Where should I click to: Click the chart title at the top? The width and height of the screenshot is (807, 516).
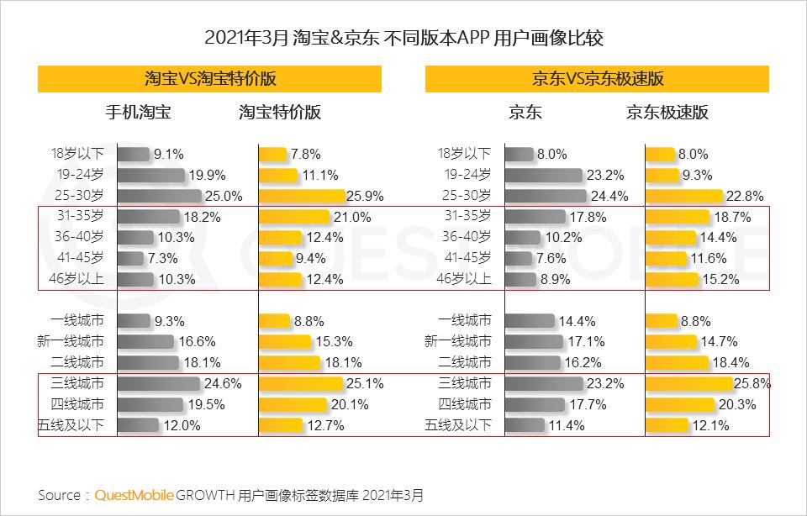point(403,38)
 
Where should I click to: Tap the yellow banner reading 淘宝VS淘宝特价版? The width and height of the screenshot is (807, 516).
point(209,79)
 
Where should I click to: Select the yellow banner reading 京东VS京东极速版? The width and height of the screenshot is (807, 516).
point(597,79)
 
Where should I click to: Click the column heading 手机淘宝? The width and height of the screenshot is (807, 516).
point(138,113)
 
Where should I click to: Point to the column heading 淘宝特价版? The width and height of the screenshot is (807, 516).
point(280,113)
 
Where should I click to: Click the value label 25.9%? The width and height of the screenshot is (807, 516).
point(366,196)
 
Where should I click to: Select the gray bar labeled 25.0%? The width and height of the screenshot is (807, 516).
point(160,196)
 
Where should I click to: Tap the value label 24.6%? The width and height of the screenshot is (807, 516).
point(224,384)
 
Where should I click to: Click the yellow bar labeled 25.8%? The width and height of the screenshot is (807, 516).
point(689,384)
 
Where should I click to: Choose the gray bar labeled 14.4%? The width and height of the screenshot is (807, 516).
point(530,321)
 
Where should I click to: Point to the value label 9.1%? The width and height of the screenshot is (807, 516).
point(168,154)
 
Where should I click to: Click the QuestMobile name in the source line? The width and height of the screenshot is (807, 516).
point(134,494)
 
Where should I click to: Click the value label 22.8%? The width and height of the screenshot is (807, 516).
point(745,196)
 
